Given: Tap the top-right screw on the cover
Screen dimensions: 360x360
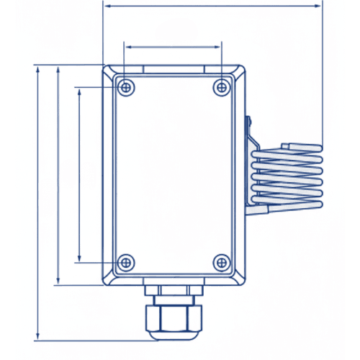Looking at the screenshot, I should (x=221, y=86).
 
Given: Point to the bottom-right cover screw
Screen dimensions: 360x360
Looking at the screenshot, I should (x=221, y=261).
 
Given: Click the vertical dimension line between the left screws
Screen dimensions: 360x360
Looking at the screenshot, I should (x=78, y=174).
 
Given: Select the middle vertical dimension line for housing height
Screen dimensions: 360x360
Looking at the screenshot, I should (x=57, y=174).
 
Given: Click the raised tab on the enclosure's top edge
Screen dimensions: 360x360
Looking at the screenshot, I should (x=174, y=69).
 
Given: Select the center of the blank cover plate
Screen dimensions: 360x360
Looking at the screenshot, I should (x=174, y=174).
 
